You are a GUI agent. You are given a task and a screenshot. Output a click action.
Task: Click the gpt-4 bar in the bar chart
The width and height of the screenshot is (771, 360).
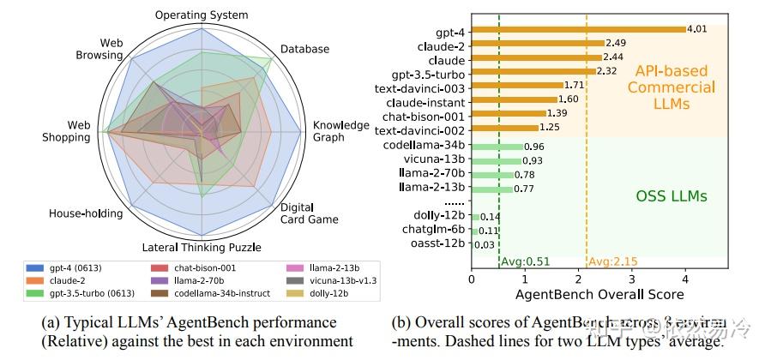(579, 29)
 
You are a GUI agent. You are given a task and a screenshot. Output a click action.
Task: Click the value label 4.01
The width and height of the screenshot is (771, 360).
(698, 29)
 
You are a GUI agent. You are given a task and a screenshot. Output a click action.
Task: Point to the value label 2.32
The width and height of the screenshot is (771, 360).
(607, 71)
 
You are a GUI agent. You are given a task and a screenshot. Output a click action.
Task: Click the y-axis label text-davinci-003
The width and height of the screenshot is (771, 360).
(420, 87)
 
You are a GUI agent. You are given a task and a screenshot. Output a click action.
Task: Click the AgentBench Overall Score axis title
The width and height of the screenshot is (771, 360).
(599, 296)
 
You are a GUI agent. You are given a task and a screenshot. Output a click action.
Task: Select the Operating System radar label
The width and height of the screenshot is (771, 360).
(202, 15)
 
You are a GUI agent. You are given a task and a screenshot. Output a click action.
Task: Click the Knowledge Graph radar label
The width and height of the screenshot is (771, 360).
(340, 131)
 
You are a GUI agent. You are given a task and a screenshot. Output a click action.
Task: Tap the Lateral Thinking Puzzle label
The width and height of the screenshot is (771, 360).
(201, 249)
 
